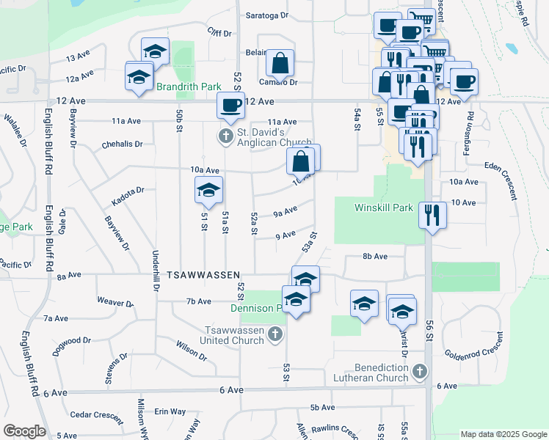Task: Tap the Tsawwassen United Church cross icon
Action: tap(274, 335)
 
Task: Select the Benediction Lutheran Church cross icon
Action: tap(419, 372)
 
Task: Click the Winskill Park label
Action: tap(384, 208)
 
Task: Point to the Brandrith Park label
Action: tap(189, 87)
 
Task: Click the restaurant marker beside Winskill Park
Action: tap(432, 215)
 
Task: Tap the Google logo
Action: tap(24, 431)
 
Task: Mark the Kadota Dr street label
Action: tap(128, 194)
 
